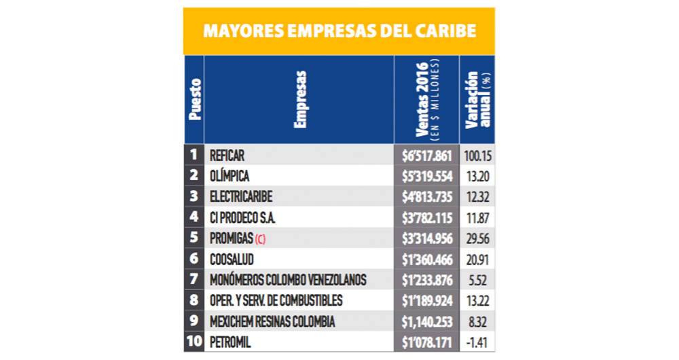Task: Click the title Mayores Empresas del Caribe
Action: click(x=339, y=32)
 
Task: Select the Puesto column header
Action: click(x=194, y=99)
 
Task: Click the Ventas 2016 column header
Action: click(x=426, y=99)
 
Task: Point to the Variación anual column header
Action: click(x=477, y=99)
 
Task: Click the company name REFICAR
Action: click(x=227, y=155)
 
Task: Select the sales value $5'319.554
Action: click(x=426, y=176)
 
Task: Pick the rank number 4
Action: click(x=194, y=217)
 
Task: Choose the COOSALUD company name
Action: click(x=233, y=259)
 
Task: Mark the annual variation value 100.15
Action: click(x=478, y=155)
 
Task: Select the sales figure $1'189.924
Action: click(x=426, y=301)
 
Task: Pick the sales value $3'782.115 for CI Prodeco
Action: click(x=426, y=218)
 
